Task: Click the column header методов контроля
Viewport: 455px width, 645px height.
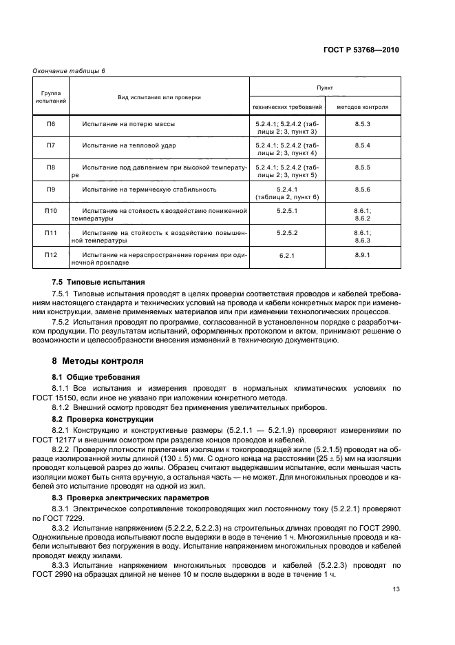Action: point(362,107)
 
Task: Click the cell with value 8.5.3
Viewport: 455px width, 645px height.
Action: point(362,123)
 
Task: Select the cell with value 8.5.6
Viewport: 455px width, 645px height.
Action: point(362,189)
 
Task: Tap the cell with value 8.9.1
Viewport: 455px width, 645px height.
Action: point(362,255)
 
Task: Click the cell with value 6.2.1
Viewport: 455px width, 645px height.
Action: point(286,255)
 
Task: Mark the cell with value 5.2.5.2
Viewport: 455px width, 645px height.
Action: point(286,233)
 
